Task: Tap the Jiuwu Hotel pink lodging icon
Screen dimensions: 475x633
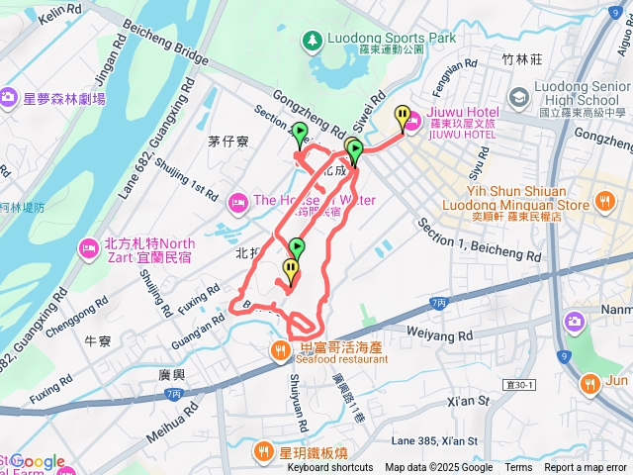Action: (411, 121)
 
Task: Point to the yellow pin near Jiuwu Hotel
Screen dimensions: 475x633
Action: (402, 118)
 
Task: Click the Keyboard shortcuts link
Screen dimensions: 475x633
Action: (330, 468)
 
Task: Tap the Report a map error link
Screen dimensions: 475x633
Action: (587, 468)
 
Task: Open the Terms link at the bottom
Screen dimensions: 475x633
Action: (518, 468)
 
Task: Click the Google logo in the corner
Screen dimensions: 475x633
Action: (37, 461)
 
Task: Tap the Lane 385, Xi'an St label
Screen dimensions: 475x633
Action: (433, 440)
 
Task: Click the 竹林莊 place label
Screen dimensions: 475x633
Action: (522, 59)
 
